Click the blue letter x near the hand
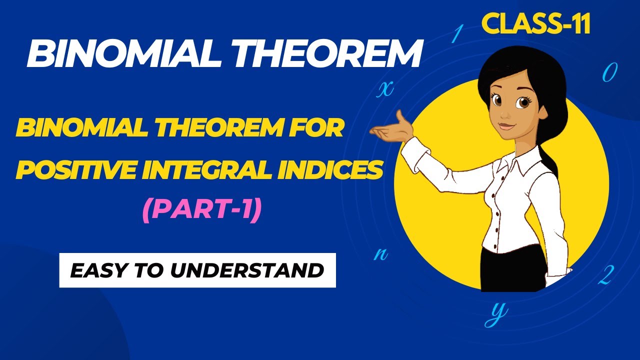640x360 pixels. click(384, 88)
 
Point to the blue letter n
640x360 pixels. click(381, 253)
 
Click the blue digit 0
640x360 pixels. click(608, 74)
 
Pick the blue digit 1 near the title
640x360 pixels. click(456, 34)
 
